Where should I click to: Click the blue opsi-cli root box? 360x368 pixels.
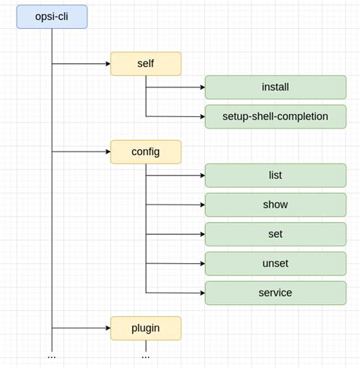pos(52,17)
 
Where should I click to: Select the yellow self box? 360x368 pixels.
pos(146,64)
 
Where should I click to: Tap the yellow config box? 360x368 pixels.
pos(146,151)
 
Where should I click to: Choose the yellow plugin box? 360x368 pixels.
pos(146,328)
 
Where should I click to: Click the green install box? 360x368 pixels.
pos(275,87)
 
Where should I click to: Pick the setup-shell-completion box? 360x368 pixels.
pos(275,116)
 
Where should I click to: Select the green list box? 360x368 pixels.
pos(275,176)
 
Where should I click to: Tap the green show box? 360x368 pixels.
pos(275,205)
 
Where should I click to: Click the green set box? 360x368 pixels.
pos(275,234)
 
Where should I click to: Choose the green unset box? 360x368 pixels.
pos(275,264)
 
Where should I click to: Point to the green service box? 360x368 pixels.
pos(275,293)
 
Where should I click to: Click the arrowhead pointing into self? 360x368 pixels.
pos(108,64)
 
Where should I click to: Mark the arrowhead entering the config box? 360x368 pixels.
pos(108,151)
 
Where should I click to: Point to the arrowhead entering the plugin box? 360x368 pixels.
pos(108,328)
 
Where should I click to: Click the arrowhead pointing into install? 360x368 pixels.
pos(202,87)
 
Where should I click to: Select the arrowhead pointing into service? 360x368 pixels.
pos(202,293)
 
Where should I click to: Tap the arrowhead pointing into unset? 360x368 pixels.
pos(202,264)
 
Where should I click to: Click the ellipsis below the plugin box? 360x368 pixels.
pos(146,357)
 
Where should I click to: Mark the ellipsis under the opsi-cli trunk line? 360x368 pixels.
pos(52,357)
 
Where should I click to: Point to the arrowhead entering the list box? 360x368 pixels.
pos(202,176)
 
